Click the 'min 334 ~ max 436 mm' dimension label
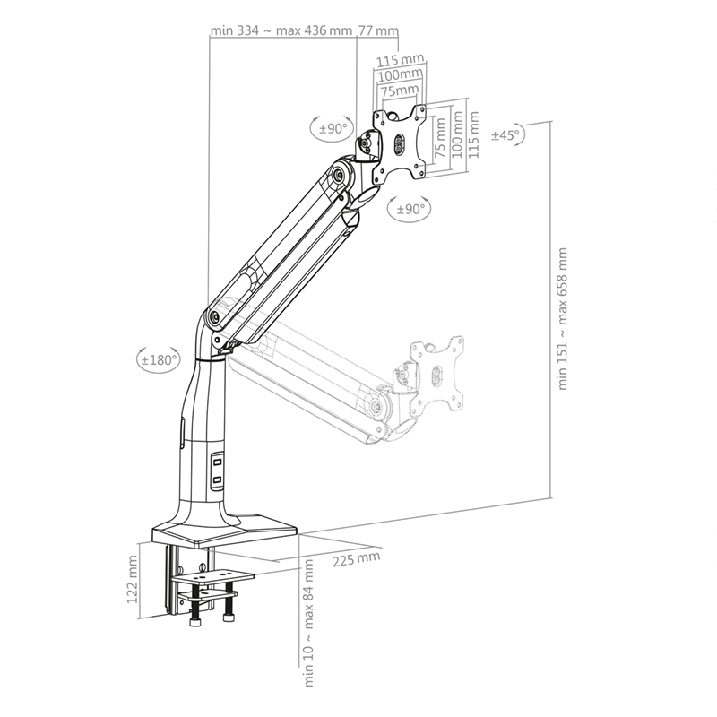pyautogui.click(x=281, y=30)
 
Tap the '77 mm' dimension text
pyautogui.click(x=378, y=30)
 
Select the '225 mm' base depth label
pyautogui.click(x=356, y=558)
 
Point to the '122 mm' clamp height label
pyautogui.click(x=133, y=579)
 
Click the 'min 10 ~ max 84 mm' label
pyautogui.click(x=308, y=623)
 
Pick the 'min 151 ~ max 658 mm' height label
pyautogui.click(x=562, y=319)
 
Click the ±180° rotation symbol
pyautogui.click(x=159, y=359)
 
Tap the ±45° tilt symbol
pyautogui.click(x=507, y=134)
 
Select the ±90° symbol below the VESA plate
pyautogui.click(x=409, y=209)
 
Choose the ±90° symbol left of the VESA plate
pyautogui.click(x=333, y=128)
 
